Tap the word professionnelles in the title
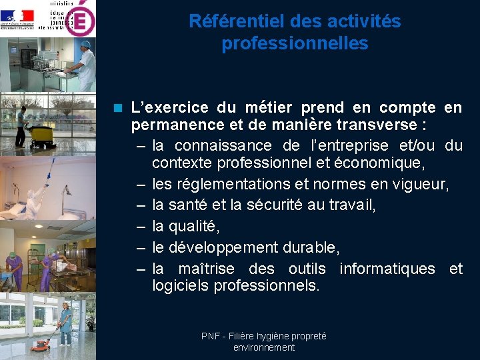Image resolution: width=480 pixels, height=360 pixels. pos(295,44)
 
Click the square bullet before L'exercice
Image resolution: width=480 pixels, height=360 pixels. pos(119,107)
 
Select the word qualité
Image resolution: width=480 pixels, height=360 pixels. pos(193,227)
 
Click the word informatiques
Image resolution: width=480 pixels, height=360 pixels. pos(387,269)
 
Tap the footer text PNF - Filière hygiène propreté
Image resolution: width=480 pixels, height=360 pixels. pos(264,337)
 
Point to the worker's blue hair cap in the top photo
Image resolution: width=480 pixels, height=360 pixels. pos(86,45)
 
